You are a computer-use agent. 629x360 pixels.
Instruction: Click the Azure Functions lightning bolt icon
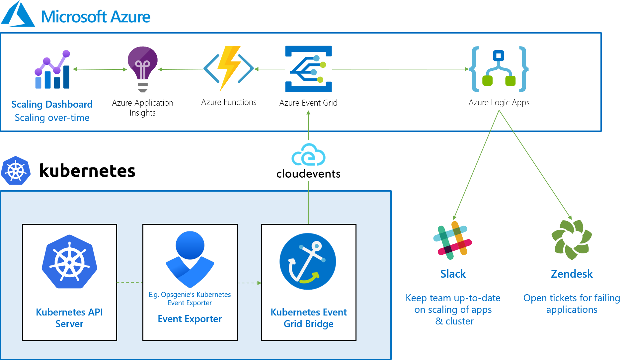point(229,69)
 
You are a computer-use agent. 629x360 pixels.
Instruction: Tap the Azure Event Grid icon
point(308,69)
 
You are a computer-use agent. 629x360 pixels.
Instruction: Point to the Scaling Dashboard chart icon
point(52,70)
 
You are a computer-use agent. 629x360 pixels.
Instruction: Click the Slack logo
point(452,240)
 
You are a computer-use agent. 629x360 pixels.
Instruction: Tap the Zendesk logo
point(572,239)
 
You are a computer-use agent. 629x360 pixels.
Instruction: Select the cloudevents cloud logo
point(308,155)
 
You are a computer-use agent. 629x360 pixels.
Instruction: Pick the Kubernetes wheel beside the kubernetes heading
point(16,171)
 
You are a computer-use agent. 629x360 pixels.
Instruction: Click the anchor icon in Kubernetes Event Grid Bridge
point(308,261)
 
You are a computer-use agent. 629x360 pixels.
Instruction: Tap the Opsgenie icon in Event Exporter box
point(190,259)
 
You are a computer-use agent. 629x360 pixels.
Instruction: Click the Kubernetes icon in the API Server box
point(69,262)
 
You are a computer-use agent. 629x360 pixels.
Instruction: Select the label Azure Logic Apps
point(499,103)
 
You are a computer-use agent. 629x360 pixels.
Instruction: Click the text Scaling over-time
point(52,118)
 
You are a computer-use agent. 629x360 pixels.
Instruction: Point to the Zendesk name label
point(572,274)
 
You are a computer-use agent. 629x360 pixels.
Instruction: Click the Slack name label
point(453,274)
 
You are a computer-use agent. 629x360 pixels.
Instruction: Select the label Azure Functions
point(229,102)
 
